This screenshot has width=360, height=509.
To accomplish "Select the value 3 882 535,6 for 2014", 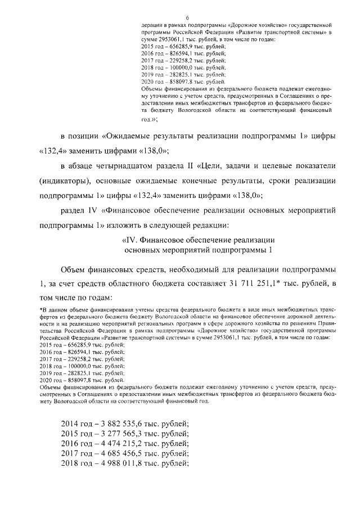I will click(124, 423).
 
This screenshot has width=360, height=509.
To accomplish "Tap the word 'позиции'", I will click(84, 137).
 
